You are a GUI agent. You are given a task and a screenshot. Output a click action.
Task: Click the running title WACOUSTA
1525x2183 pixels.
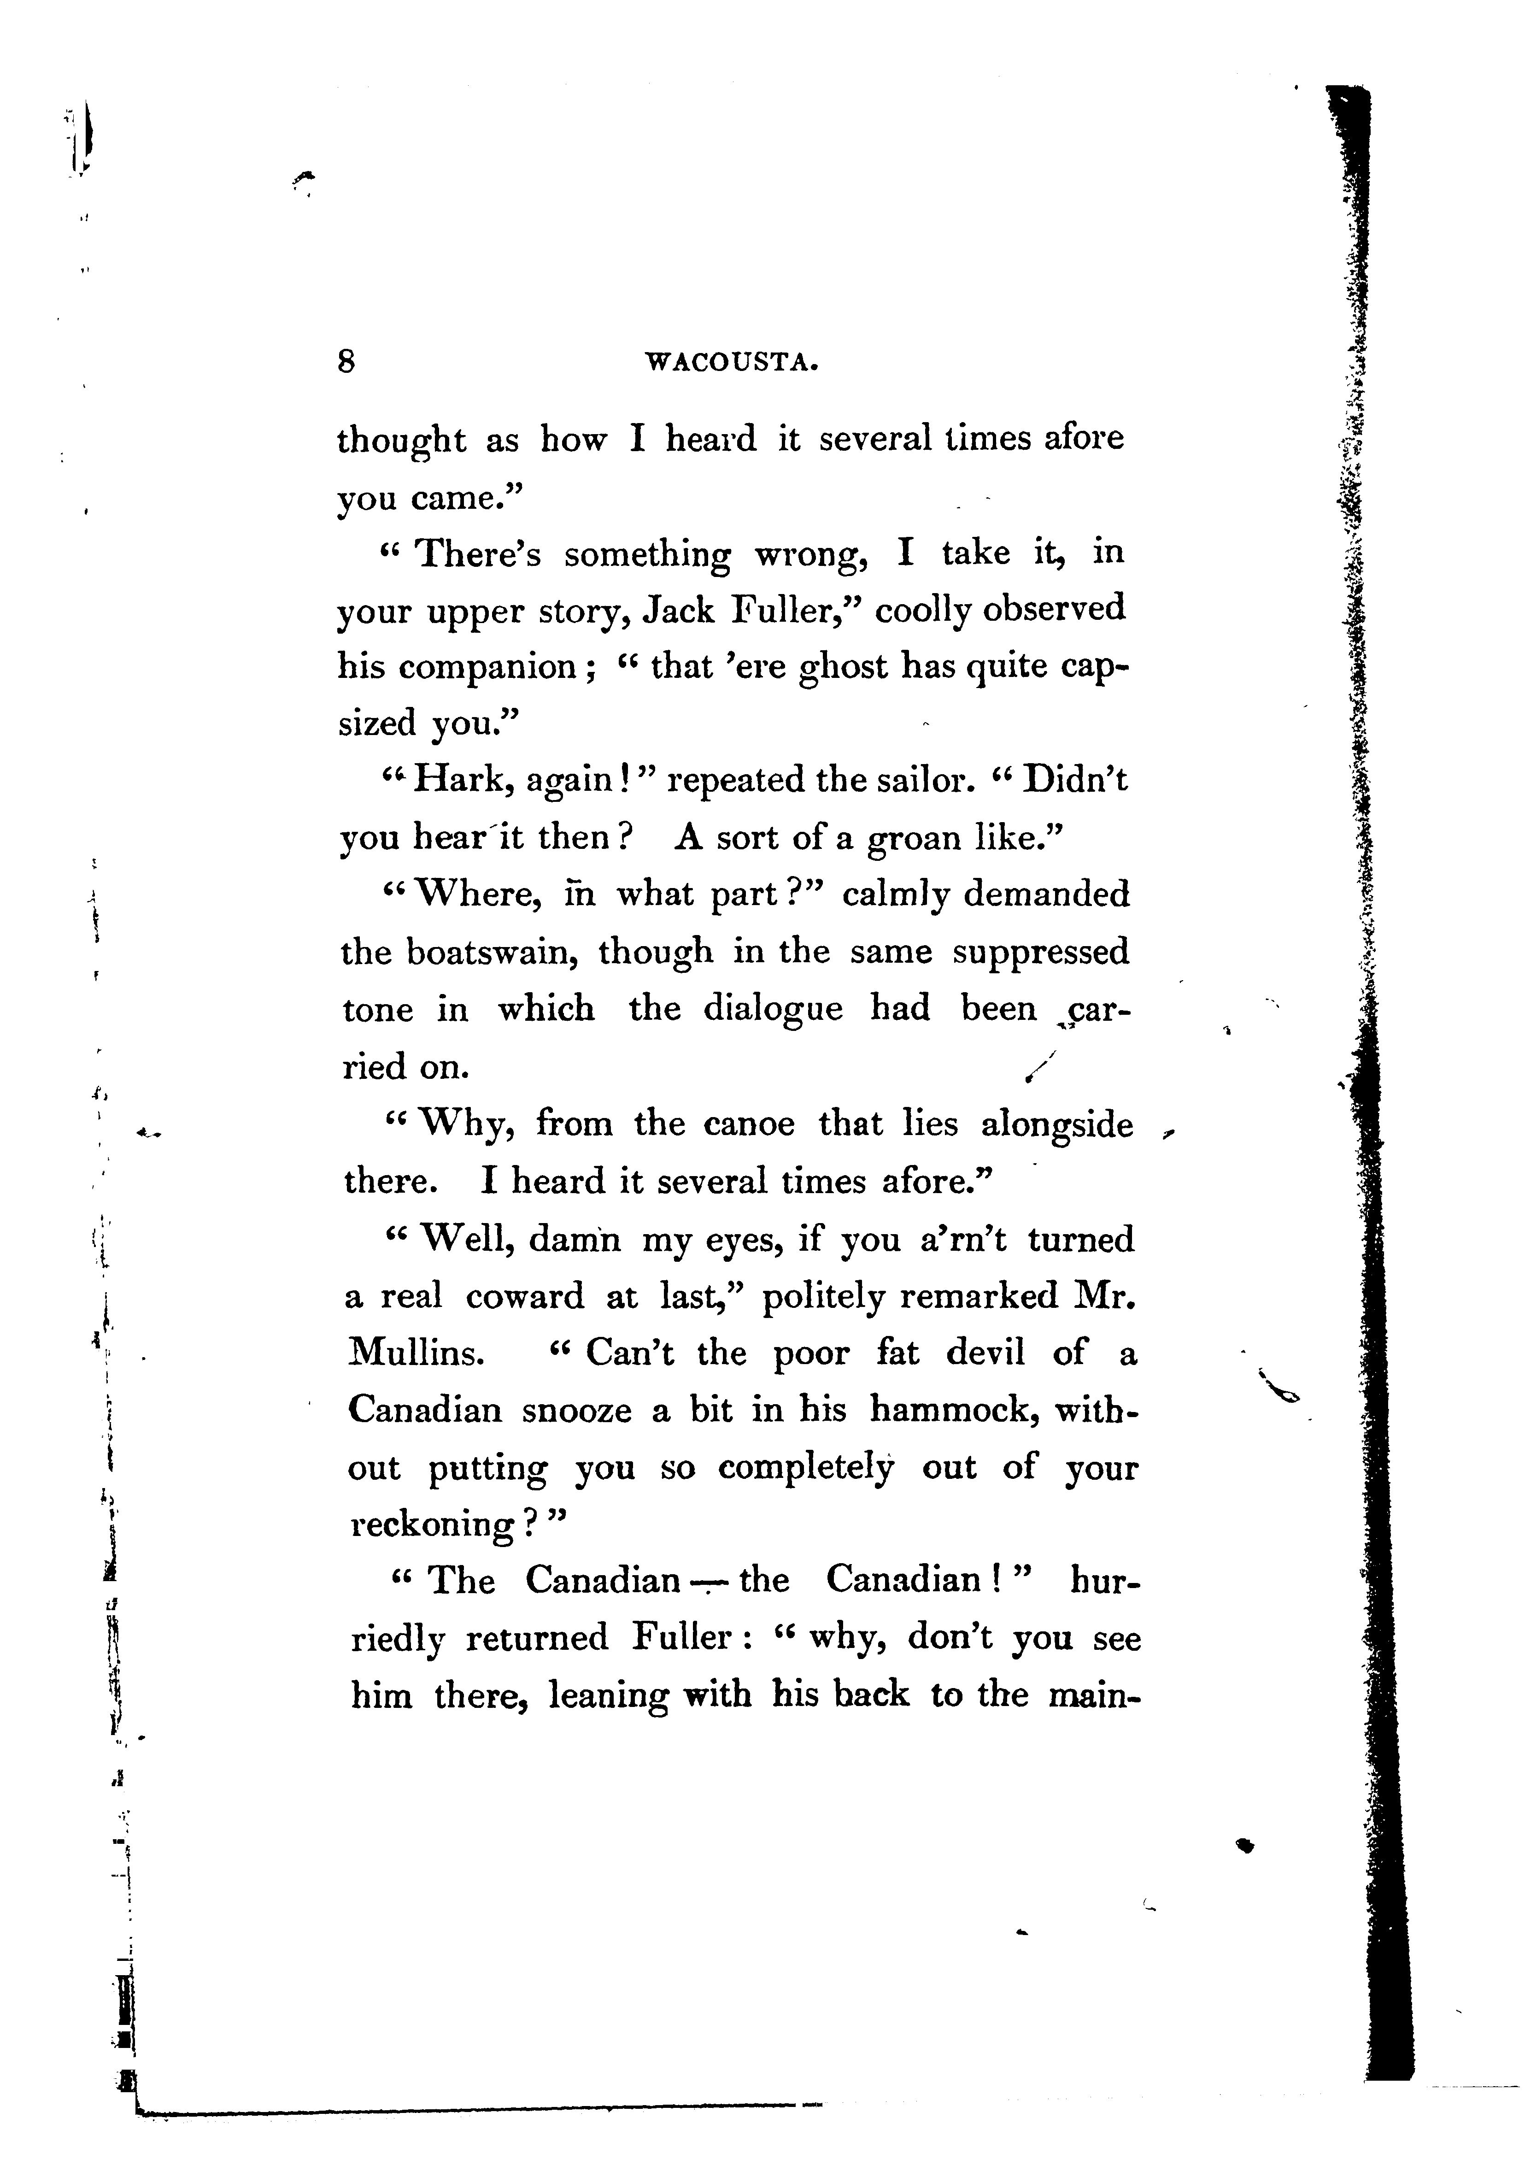pyautogui.click(x=731, y=362)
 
